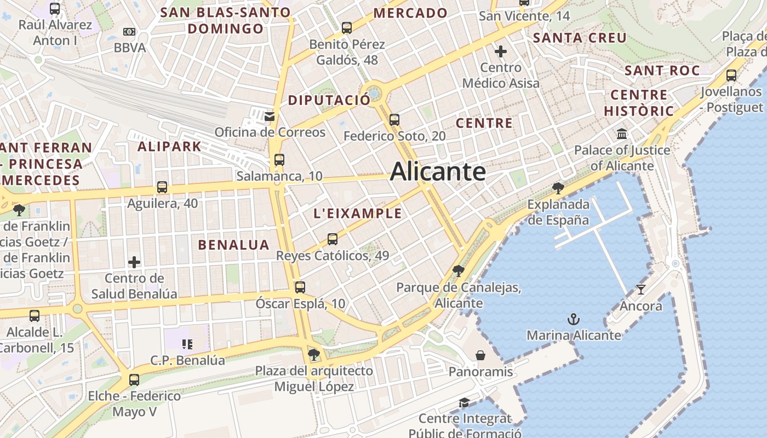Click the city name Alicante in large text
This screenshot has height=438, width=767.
click(438, 172)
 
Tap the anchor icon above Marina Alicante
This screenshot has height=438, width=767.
click(573, 319)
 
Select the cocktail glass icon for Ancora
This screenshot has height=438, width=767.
click(640, 289)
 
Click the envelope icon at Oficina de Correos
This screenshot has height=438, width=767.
click(269, 116)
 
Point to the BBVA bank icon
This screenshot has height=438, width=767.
click(129, 32)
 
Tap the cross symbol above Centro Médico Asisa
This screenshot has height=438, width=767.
click(501, 51)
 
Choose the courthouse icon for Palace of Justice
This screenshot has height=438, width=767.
click(622, 134)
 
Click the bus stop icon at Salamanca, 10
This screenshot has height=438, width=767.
click(279, 160)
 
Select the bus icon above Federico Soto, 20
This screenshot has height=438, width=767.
click(394, 120)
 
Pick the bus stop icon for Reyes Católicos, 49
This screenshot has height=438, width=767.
click(333, 239)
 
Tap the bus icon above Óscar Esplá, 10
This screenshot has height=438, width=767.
click(300, 287)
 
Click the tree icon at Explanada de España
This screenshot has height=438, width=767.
click(558, 188)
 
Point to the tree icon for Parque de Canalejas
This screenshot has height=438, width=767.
click(458, 270)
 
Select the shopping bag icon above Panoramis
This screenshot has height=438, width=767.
click(480, 356)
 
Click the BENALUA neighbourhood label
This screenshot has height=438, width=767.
click(234, 245)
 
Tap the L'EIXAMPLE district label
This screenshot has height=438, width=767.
click(358, 214)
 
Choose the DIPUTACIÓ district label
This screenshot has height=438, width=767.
click(329, 100)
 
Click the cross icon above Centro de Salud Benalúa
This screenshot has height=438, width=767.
click(134, 262)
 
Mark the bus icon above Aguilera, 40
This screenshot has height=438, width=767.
click(162, 187)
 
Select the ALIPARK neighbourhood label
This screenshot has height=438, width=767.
click(169, 147)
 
